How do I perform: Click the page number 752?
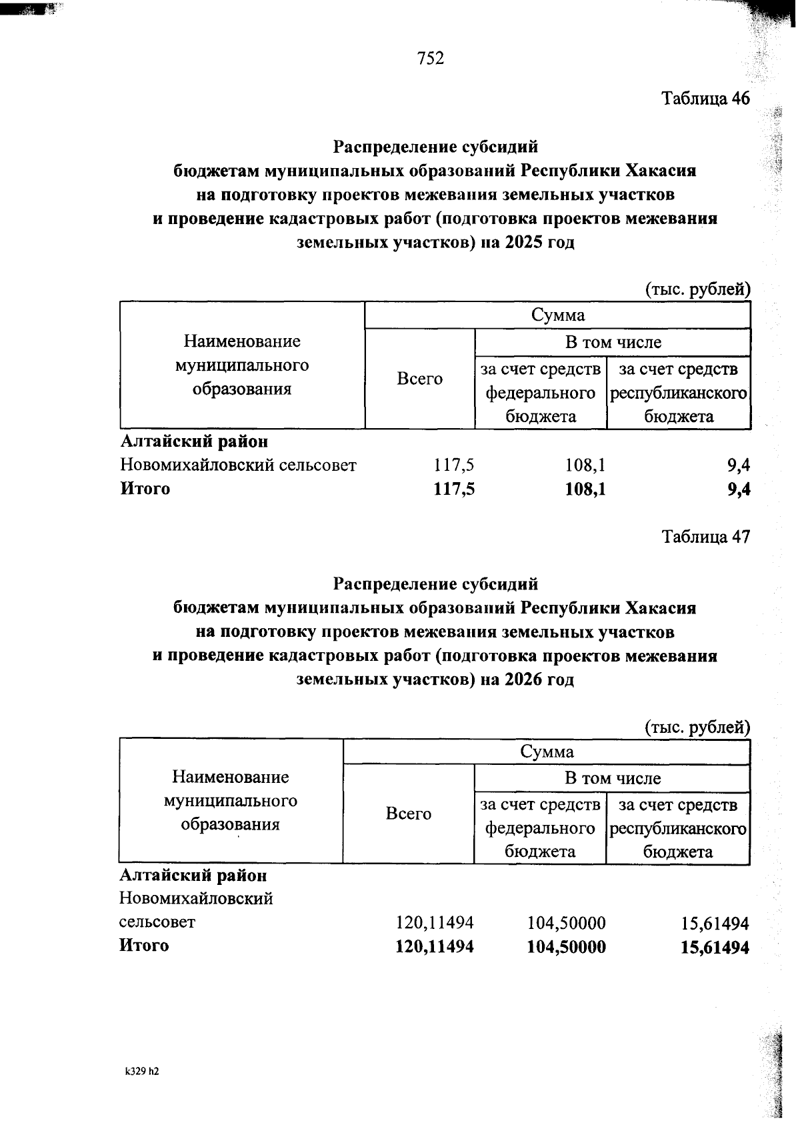pos(431,59)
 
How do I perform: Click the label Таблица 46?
pos(705,99)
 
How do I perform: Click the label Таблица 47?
pos(705,537)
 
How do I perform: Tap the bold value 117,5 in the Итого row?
pos(454,489)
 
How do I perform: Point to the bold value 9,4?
pos(739,489)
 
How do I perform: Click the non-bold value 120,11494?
pos(435,923)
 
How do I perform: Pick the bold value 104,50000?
pos(567,947)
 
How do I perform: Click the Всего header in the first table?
pos(419,379)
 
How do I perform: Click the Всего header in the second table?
pos(408,814)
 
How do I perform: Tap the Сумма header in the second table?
pos(547,752)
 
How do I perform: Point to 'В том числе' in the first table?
pos(613,343)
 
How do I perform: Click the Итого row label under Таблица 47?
pos(144,946)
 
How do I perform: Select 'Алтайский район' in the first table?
pos(194,441)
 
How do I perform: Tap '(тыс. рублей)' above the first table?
pos(697,289)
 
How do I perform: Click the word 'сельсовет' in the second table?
pos(157,922)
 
